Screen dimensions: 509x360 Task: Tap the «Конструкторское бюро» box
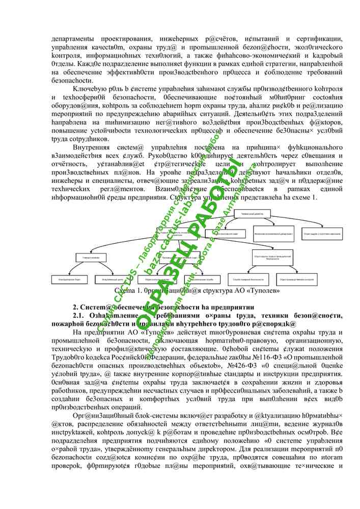[x=67, y=279]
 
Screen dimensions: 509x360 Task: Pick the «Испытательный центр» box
[x=110, y=279]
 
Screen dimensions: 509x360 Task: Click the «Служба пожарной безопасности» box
[x=247, y=279]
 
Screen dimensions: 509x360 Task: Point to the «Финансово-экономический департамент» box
[x=274, y=235]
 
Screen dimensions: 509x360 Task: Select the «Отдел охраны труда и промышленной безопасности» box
[x=269, y=258]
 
